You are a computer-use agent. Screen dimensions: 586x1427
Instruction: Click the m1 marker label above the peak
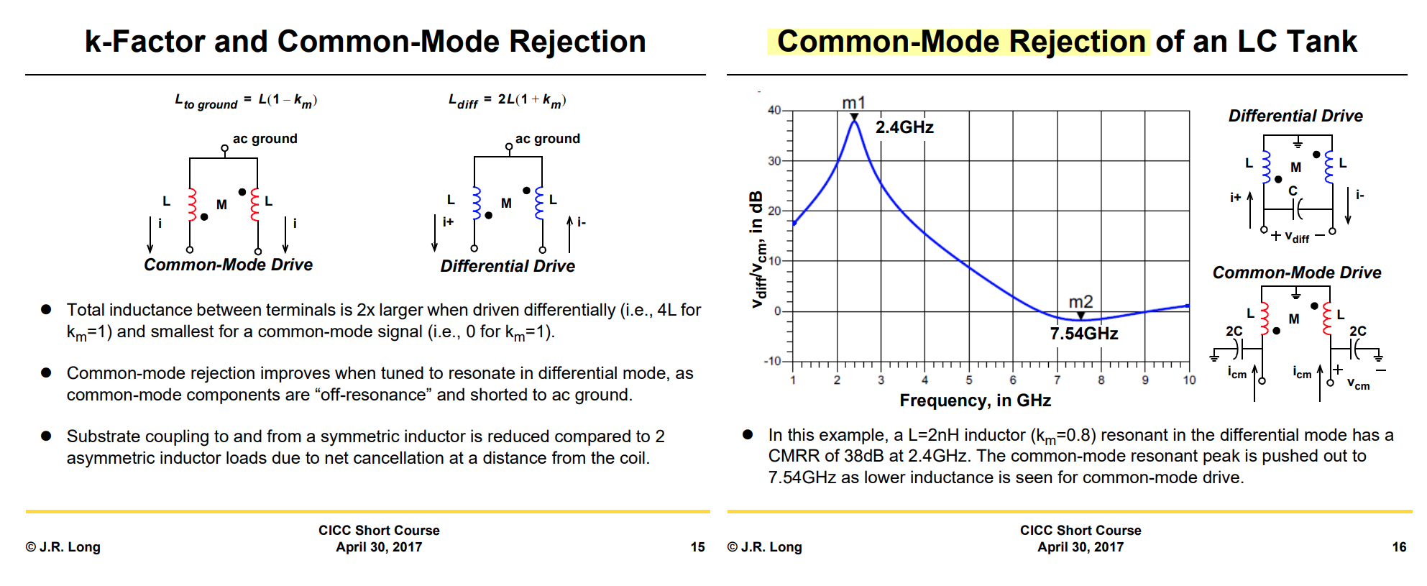tap(853, 103)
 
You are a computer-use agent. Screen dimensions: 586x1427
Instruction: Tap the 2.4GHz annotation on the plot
tap(904, 127)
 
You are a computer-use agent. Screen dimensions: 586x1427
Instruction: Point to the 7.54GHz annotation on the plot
tap(1083, 334)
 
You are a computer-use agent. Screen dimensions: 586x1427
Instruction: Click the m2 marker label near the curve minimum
tap(1080, 301)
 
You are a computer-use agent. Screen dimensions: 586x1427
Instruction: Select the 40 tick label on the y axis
tap(774, 110)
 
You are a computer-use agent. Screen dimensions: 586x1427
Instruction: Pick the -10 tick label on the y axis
tap(771, 361)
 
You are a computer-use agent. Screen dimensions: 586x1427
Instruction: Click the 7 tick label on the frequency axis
tap(1057, 380)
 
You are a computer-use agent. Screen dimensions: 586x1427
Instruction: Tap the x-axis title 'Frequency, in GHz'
tap(975, 400)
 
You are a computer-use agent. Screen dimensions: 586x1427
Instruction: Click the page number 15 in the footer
tap(697, 547)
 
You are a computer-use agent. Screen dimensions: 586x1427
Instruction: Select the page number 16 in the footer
tap(1399, 547)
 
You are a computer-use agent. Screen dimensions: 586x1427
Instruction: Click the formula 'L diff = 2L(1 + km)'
tap(507, 100)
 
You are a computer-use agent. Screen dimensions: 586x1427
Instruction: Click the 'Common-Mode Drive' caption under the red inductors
tap(228, 265)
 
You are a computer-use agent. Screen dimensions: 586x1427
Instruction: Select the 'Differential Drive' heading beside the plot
tap(1295, 116)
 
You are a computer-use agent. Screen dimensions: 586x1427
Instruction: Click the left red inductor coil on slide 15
tap(192, 204)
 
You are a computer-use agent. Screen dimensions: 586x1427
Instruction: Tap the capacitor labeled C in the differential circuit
tap(1297, 209)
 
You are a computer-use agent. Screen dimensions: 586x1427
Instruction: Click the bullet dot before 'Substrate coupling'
tap(46, 436)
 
